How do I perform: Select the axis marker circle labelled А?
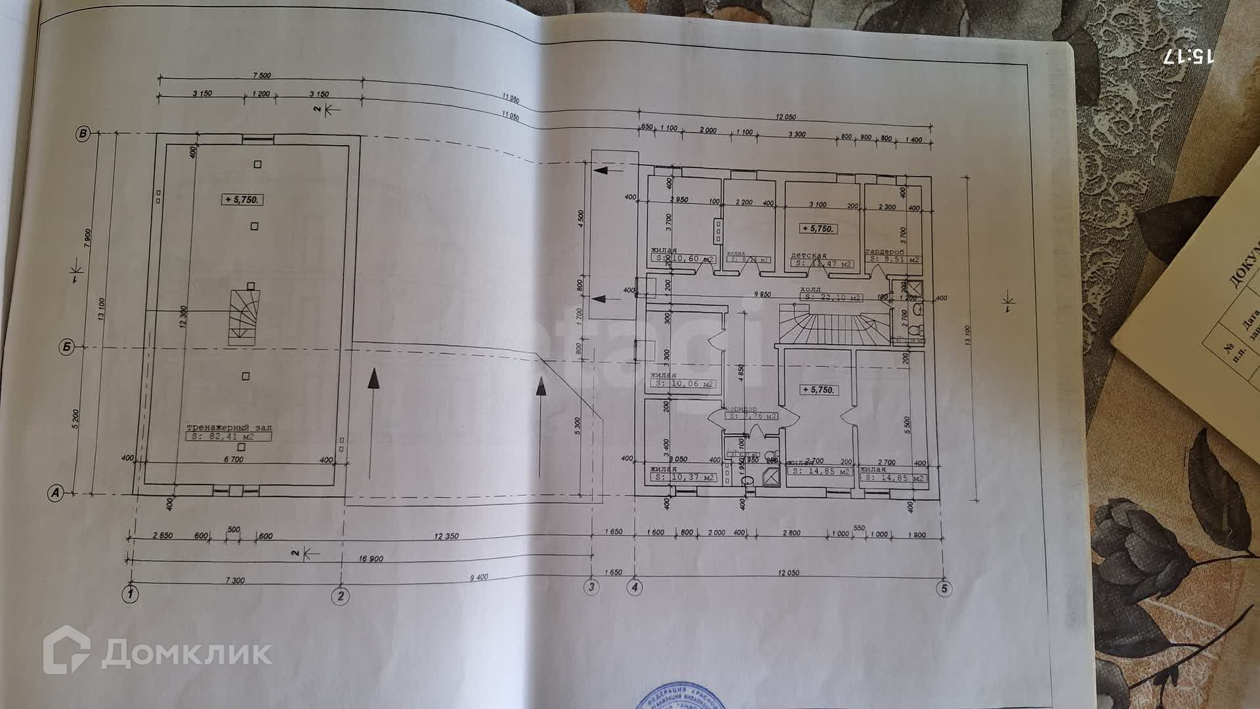pos(57,494)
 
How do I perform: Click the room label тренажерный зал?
pos(228,426)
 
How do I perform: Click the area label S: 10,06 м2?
pos(682,384)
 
